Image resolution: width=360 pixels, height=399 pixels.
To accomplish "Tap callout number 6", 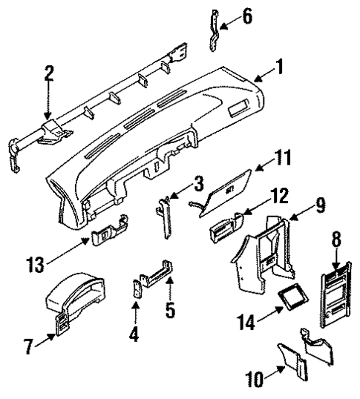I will [247, 16].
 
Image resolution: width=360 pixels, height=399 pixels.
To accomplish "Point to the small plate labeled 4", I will [136, 291].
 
